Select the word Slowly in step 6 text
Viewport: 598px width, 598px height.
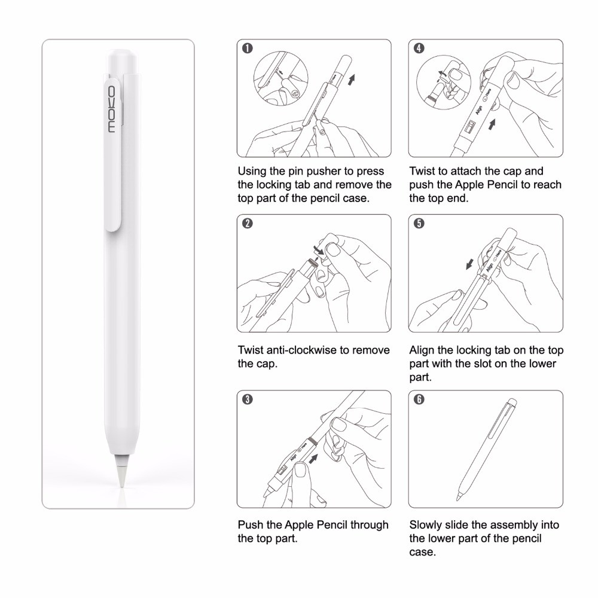click(x=426, y=525)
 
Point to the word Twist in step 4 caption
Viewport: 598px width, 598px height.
click(x=422, y=171)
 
